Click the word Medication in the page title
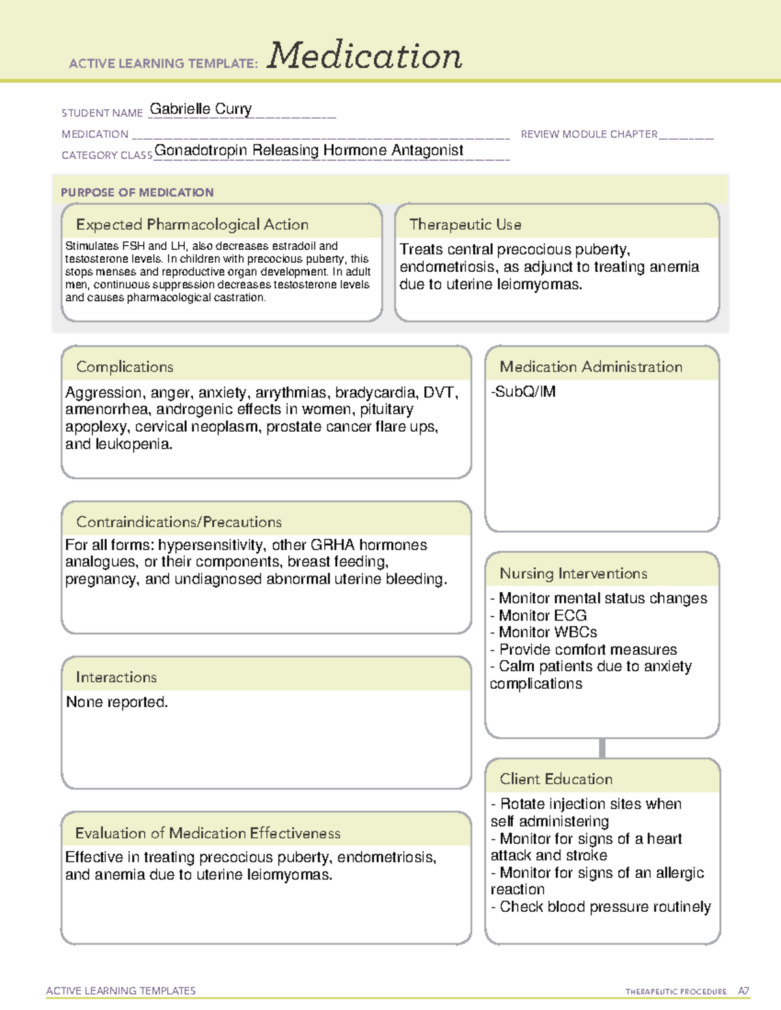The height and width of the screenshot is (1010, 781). pos(364,56)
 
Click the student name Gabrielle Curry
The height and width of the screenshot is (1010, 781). pos(200,109)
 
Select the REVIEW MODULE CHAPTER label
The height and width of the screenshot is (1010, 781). pos(588,134)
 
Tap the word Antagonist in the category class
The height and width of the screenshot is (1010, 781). pos(428,150)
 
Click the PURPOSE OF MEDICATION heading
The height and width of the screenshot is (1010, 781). pos(137,193)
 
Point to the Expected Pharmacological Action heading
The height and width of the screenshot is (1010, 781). pos(192,224)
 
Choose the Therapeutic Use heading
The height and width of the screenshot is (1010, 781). pos(465,224)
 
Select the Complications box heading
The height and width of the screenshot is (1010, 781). pos(124,367)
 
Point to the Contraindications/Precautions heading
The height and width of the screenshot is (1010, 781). pos(178,522)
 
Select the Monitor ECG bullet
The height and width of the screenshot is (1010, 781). pos(539,615)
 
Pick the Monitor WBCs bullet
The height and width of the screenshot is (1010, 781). pos(544,632)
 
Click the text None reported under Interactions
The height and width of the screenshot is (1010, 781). pos(116,702)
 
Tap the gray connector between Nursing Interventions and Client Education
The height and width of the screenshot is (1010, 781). pos(602,748)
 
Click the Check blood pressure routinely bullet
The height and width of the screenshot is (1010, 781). pos(601,907)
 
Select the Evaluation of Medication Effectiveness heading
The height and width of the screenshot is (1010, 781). pos(208,833)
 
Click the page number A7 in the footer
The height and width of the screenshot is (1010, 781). pos(743,991)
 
